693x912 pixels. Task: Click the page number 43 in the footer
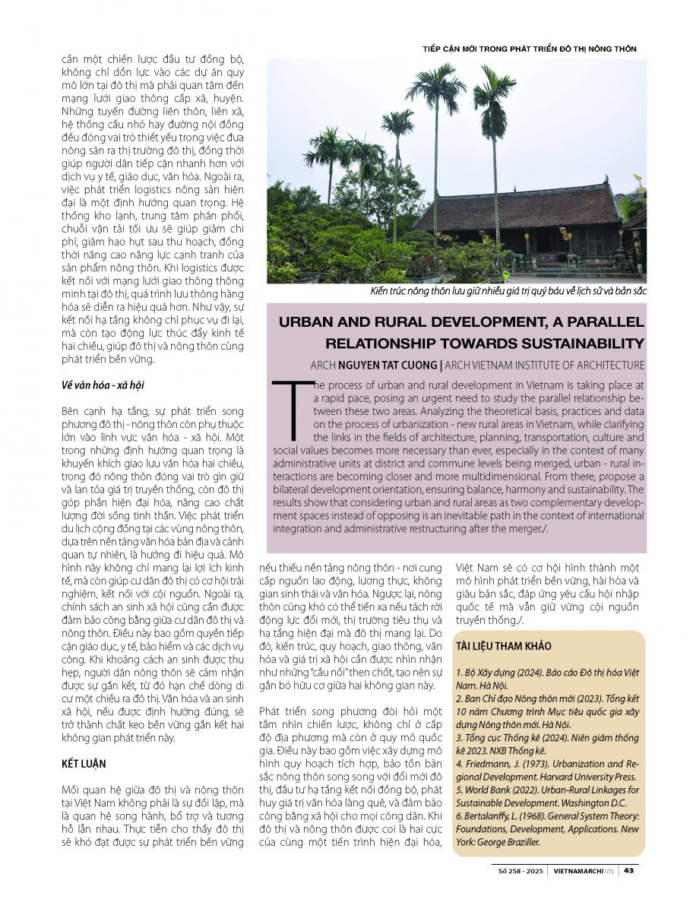[629, 870]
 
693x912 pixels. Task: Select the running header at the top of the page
[529, 49]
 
